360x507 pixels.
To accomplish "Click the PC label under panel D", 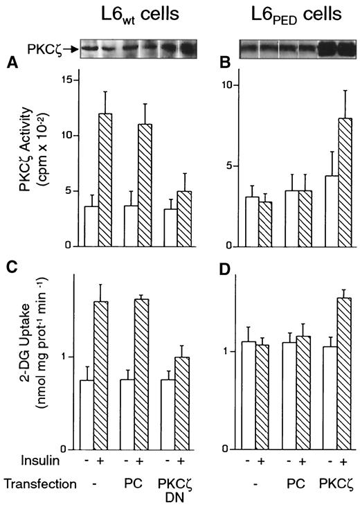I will [296, 482].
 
